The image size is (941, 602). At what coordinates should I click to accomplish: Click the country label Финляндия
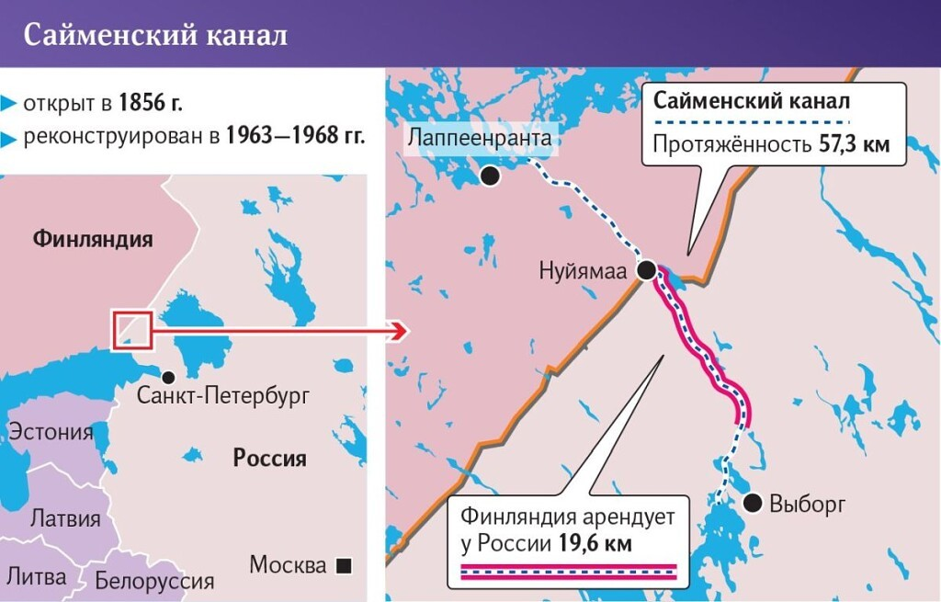click(93, 240)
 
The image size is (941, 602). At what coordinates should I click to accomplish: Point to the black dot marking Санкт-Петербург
click(168, 377)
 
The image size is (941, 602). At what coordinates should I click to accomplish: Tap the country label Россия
click(269, 458)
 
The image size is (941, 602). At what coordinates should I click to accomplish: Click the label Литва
click(37, 576)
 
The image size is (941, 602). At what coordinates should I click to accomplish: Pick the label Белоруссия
click(154, 580)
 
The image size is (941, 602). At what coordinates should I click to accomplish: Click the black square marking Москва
click(344, 565)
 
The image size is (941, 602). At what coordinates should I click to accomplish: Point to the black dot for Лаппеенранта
click(491, 176)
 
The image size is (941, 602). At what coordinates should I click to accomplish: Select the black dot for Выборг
click(752, 502)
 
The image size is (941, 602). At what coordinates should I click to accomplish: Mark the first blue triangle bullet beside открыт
click(9, 101)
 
